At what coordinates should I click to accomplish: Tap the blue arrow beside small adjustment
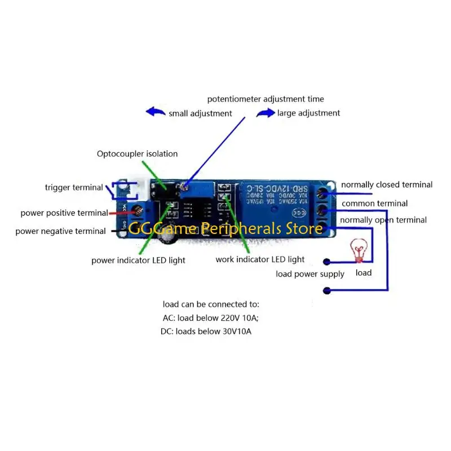156,112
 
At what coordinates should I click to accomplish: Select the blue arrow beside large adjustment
265,113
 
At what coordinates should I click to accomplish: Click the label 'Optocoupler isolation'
137,154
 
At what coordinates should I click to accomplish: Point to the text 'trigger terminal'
74,188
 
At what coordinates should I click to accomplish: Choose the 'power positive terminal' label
64,213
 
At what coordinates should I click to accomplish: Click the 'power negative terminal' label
60,231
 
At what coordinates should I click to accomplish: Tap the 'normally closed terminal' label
387,185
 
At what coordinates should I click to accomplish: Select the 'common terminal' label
374,204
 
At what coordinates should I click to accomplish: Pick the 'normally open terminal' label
383,220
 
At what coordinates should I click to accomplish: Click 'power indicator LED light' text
138,260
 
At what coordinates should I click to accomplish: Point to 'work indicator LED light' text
260,260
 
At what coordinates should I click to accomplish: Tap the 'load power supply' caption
310,275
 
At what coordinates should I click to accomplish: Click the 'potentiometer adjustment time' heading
266,99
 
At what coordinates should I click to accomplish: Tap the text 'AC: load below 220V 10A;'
210,317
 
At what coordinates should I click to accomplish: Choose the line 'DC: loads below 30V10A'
206,331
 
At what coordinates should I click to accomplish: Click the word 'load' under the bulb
364,273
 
